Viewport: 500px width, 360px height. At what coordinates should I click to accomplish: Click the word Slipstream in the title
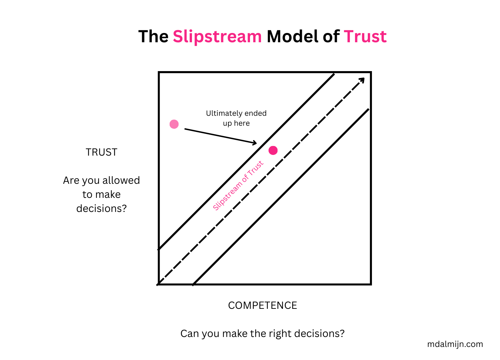[217, 37]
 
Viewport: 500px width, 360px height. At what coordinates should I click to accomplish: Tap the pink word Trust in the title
[365, 37]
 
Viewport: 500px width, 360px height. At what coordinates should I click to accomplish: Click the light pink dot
[174, 124]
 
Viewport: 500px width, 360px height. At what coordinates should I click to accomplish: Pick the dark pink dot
[273, 150]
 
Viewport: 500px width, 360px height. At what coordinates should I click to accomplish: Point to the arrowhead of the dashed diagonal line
[362, 80]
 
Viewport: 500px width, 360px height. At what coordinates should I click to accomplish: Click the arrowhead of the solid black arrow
[254, 143]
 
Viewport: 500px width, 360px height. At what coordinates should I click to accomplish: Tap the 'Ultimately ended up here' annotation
[236, 118]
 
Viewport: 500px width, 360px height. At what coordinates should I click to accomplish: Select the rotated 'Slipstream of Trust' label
[238, 185]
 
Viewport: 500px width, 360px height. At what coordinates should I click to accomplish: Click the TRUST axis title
[101, 152]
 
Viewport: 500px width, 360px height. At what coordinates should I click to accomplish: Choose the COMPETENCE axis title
[262, 305]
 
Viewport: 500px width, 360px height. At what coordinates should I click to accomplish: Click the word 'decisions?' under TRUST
[101, 209]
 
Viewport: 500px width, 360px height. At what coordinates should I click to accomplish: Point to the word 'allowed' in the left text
[121, 180]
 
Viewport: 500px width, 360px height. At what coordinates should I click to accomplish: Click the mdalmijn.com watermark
[455, 344]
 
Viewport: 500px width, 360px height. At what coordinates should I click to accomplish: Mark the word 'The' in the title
[153, 37]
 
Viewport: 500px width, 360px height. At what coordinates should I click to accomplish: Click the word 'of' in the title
[331, 37]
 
